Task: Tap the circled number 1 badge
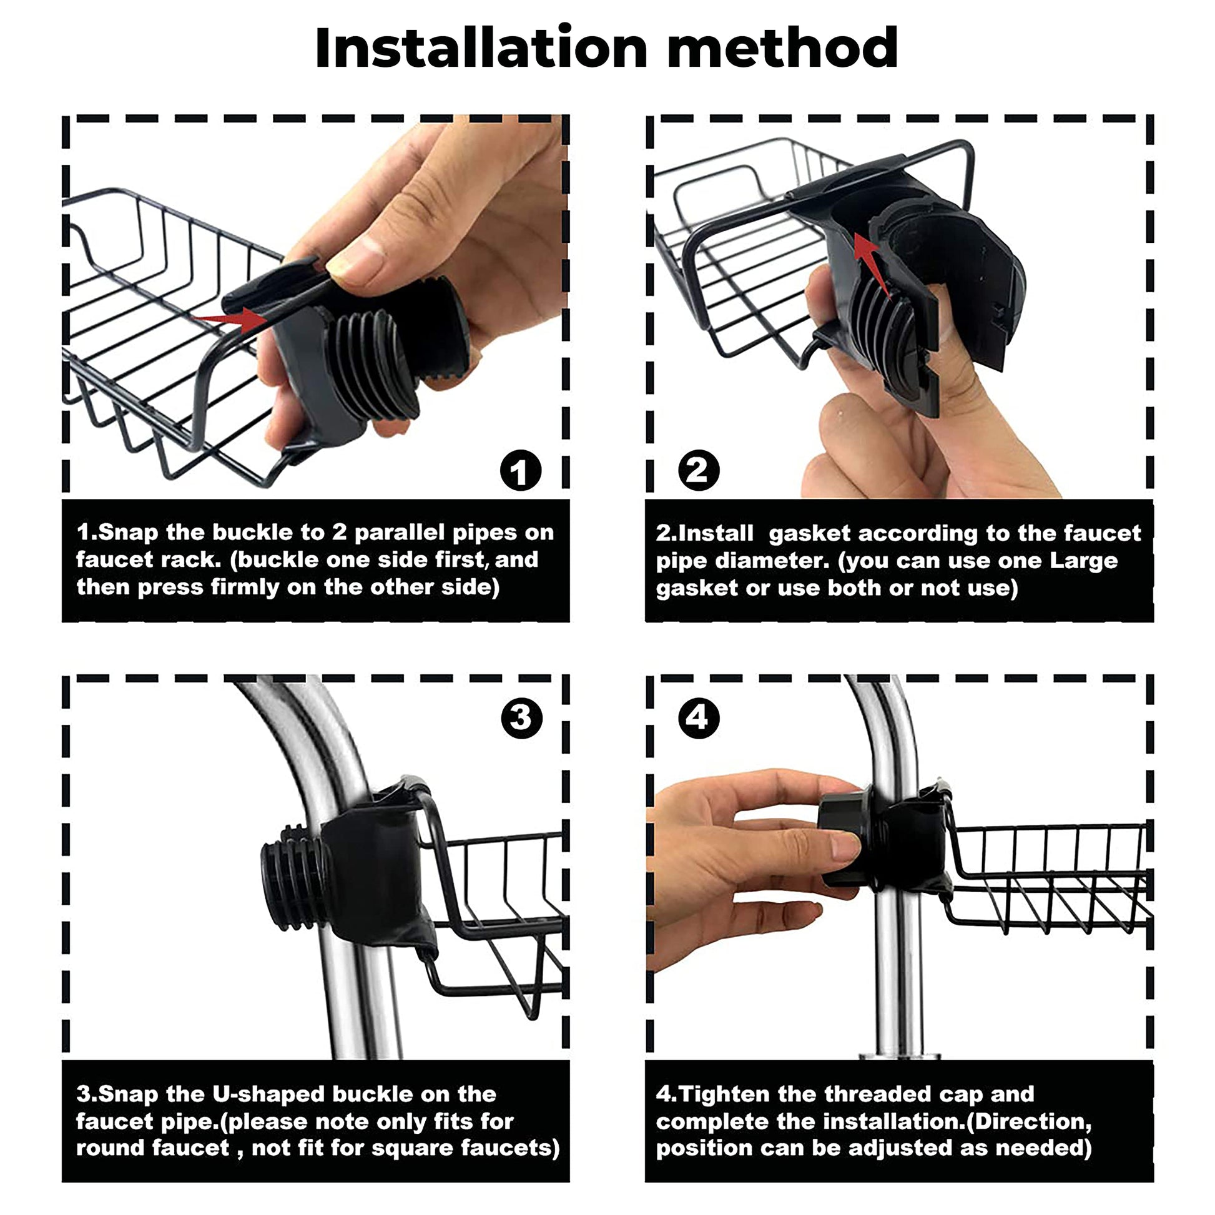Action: tap(521, 471)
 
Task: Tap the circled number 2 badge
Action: tap(699, 471)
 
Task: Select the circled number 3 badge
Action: tap(521, 718)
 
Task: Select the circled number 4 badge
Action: tap(699, 718)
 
